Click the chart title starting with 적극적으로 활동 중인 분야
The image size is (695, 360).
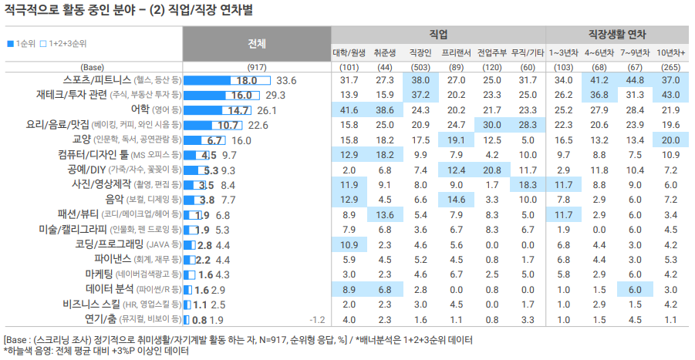tap(127, 10)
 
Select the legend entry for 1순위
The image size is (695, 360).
tap(21, 44)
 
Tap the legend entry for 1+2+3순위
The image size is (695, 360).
tap(66, 44)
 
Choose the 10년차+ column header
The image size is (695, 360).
tap(670, 52)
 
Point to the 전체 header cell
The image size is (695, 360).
tap(257, 43)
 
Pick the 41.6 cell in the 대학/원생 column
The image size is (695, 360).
tap(349, 110)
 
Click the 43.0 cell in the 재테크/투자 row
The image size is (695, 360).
tap(670, 95)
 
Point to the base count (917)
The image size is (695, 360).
tap(257, 67)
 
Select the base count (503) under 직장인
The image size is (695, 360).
tap(420, 67)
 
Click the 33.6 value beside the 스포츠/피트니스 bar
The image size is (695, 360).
tap(286, 80)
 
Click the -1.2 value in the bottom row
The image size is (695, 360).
tap(316, 319)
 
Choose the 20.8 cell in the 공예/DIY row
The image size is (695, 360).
tap(492, 170)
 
